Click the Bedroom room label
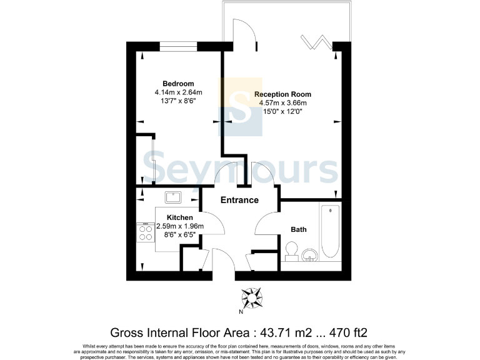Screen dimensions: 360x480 pyautogui.click(x=178, y=84)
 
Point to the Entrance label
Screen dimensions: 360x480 pyautogui.click(x=239, y=200)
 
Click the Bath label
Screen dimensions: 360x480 pyautogui.click(x=299, y=229)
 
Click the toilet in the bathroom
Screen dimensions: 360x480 pyautogui.click(x=290, y=252)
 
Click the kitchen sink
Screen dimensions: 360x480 pyautogui.click(x=173, y=198)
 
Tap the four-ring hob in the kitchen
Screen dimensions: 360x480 pyautogui.click(x=146, y=232)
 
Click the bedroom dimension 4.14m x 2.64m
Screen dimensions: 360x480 pyautogui.click(x=179, y=92)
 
